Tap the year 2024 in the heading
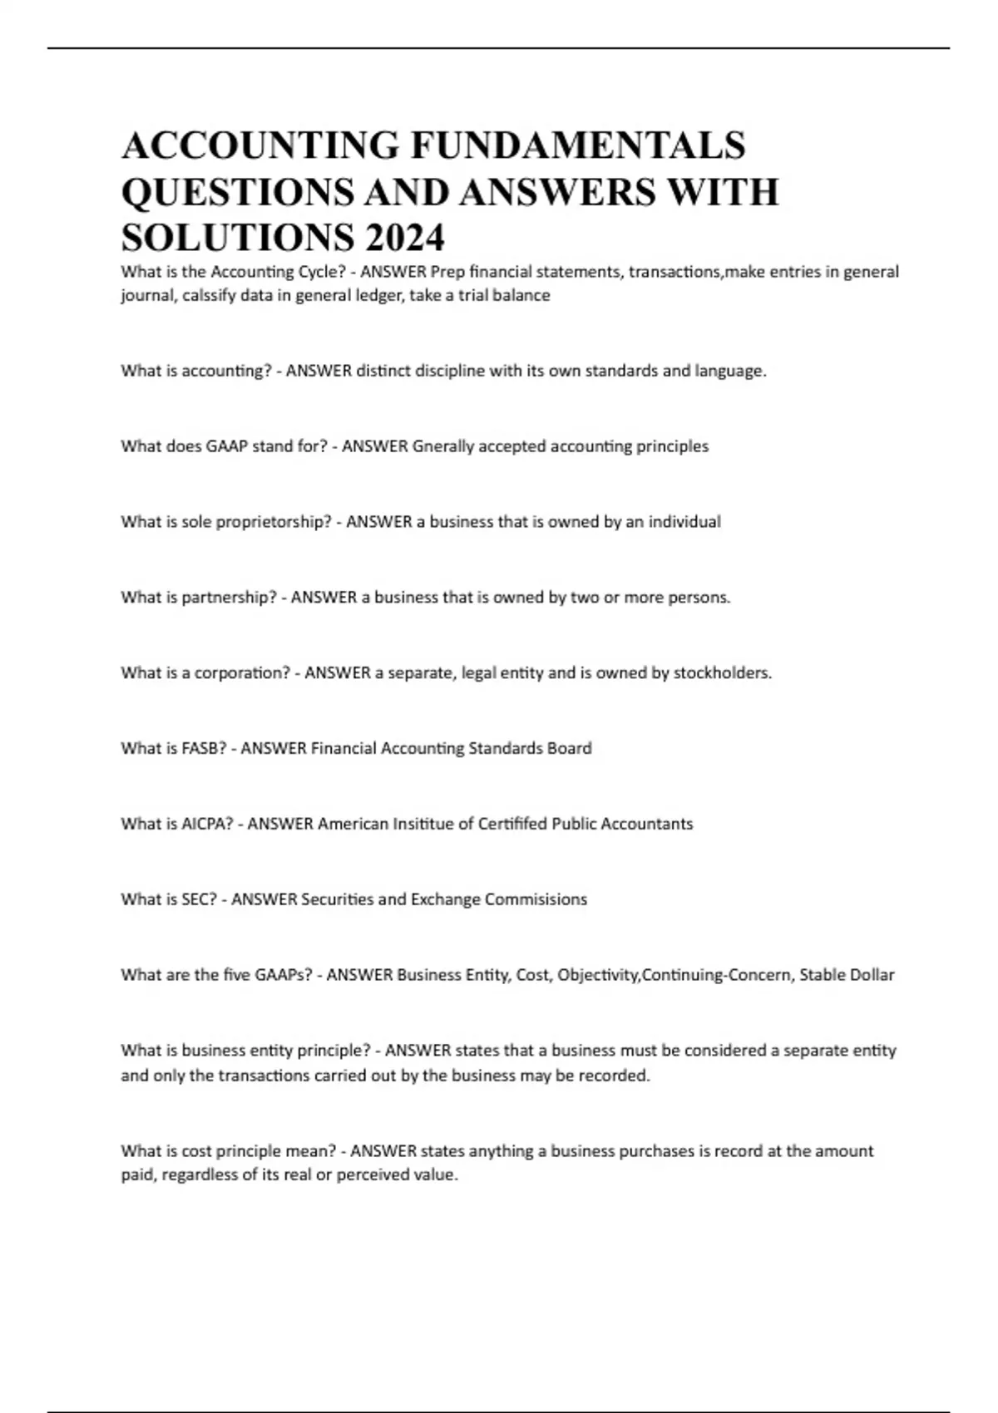coord(403,238)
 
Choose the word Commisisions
coord(536,899)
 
